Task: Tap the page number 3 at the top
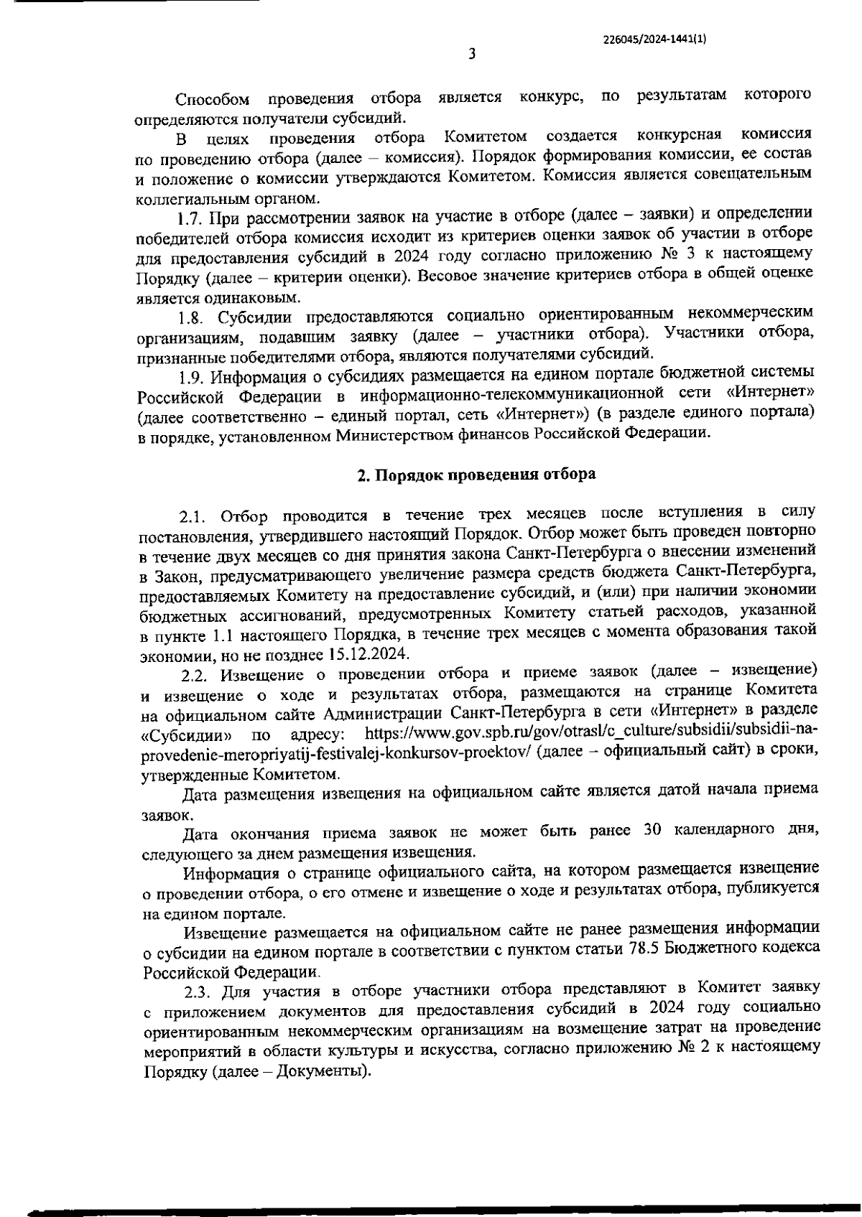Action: pos(472,54)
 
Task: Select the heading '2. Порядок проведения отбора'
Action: pos(477,475)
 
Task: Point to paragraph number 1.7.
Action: pos(193,213)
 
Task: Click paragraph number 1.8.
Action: pos(192,317)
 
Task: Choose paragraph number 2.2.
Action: pos(195,676)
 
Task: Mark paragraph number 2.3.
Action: pos(196,994)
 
